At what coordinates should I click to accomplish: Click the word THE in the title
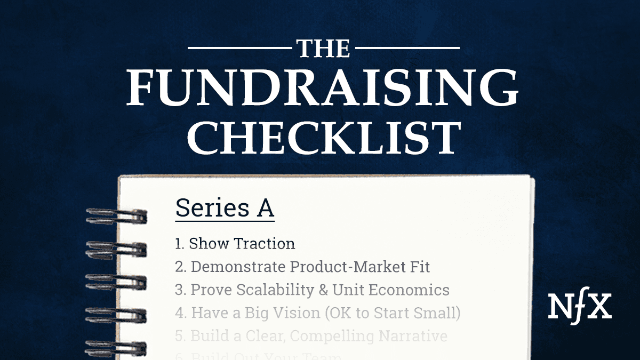324,49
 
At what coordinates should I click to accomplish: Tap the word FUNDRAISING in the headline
323,88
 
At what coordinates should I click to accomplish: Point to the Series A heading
225,209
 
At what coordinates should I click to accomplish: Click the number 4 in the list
179,313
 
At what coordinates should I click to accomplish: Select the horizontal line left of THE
237,49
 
